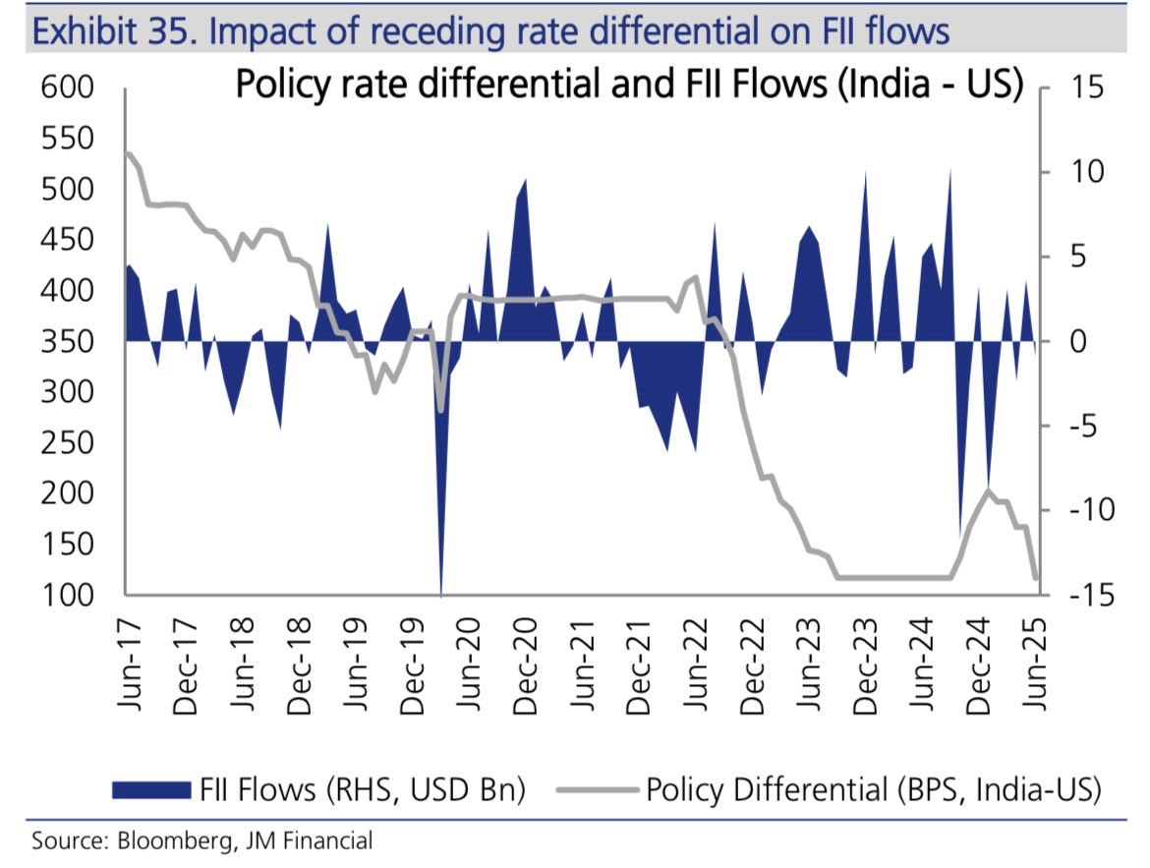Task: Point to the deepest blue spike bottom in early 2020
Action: pyautogui.click(x=441, y=593)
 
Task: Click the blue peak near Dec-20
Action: pyautogui.click(x=524, y=181)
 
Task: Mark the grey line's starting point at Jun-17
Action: pyautogui.click(x=128, y=153)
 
